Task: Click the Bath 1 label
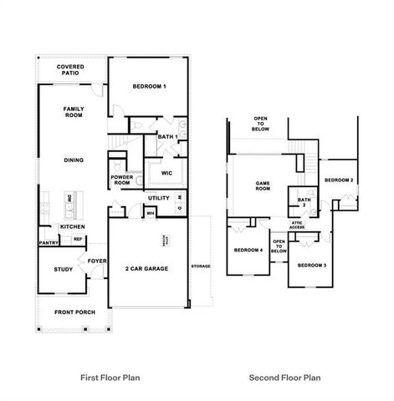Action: tap(168, 137)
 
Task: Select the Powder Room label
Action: tap(123, 180)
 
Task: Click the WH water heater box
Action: tap(151, 213)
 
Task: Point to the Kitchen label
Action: tap(72, 227)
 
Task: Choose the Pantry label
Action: tap(47, 243)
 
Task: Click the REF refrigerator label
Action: tap(78, 239)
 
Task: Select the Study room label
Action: tap(63, 269)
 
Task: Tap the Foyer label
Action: tap(97, 260)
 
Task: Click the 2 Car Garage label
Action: tap(146, 269)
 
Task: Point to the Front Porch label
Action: tap(74, 312)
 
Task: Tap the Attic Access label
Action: tap(296, 225)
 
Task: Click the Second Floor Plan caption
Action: tap(284, 378)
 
